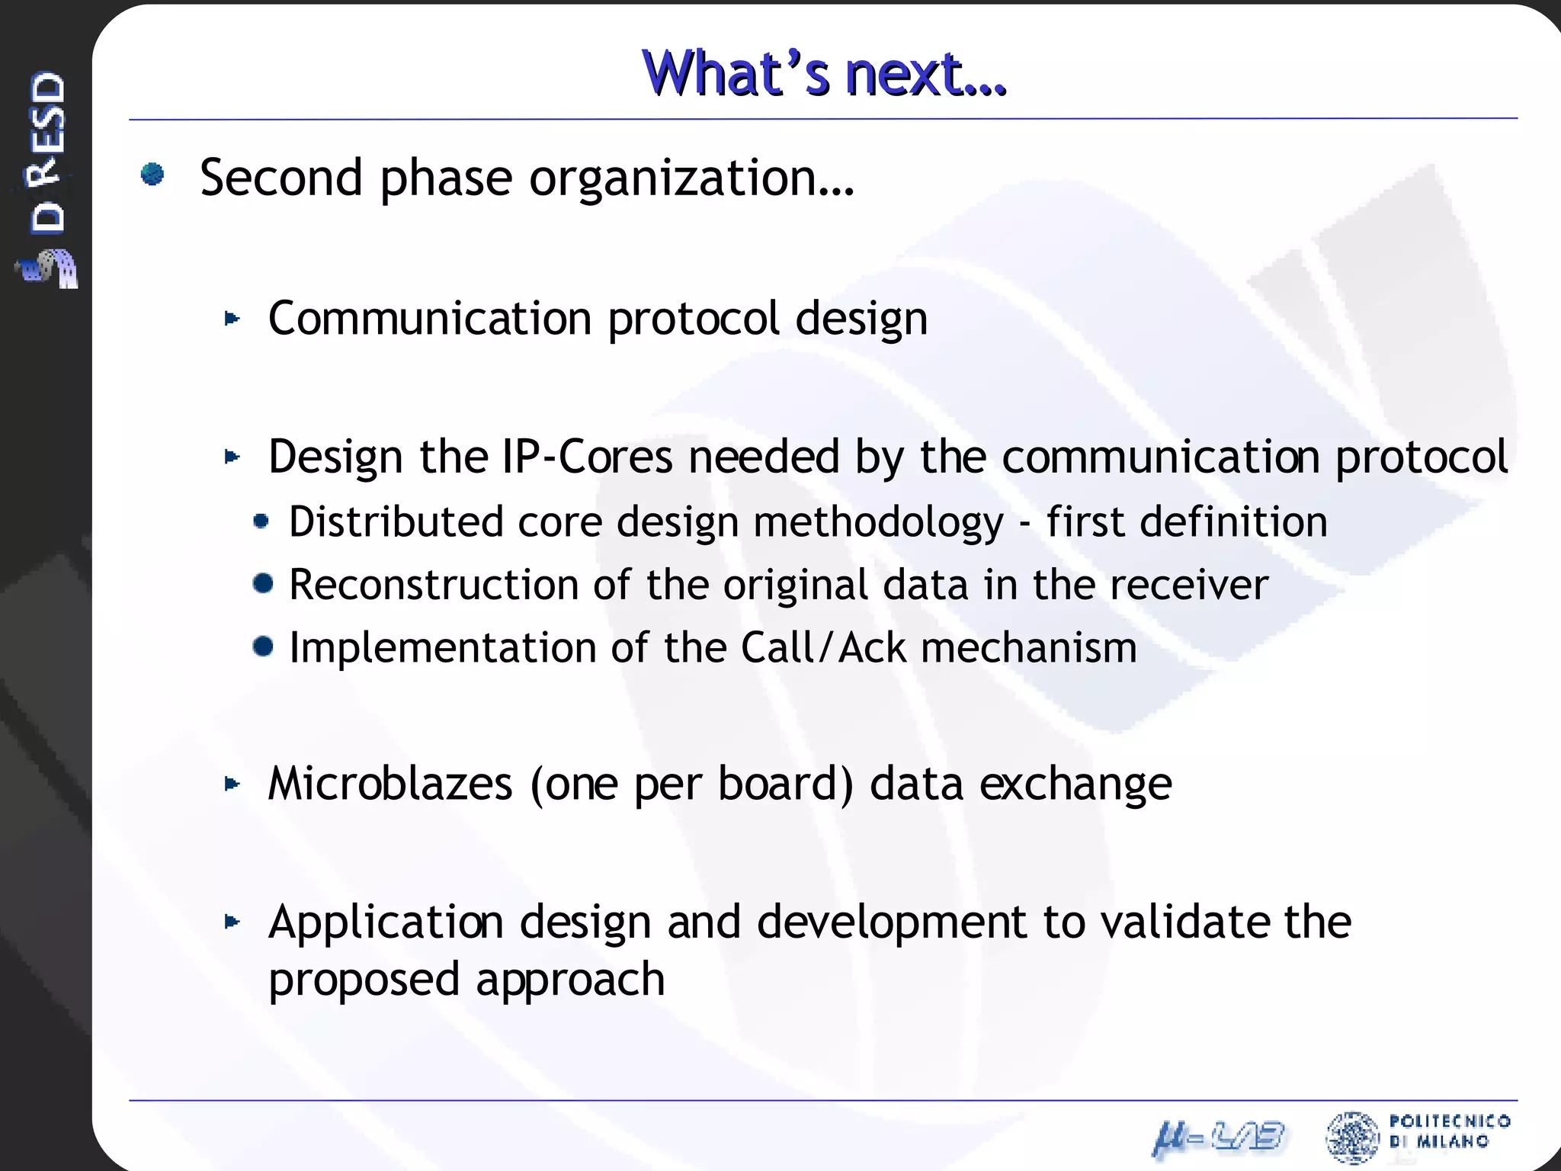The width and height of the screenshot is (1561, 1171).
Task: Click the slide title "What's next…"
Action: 824,74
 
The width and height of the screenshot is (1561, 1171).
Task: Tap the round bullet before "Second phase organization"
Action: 152,175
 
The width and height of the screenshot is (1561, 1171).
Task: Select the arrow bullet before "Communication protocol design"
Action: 232,319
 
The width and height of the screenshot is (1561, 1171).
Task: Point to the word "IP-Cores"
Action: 587,457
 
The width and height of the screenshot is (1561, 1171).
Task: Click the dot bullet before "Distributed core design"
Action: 261,521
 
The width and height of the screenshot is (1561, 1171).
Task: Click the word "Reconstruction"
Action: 434,585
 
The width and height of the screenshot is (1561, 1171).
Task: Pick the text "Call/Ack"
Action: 823,648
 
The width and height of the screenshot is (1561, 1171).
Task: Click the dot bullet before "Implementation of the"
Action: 263,647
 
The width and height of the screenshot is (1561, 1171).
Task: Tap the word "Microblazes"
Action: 390,784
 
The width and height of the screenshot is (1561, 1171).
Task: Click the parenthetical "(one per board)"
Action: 691,785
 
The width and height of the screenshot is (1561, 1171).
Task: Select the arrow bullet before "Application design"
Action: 232,922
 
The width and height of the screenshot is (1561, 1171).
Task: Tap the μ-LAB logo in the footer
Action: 1218,1138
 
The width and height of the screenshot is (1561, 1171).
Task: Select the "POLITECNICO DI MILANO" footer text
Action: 1448,1131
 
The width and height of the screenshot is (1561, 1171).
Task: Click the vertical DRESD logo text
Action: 47,152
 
